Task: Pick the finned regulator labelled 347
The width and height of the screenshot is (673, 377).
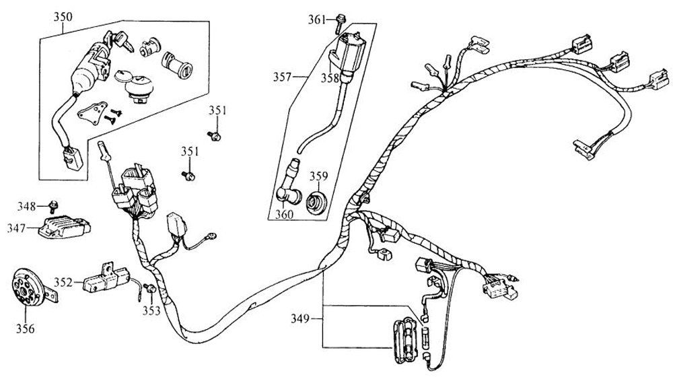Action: (x=65, y=226)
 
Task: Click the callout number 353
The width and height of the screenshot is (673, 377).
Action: (x=151, y=310)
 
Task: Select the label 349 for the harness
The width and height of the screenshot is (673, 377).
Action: (x=302, y=316)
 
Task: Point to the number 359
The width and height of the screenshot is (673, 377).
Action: (x=318, y=177)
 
